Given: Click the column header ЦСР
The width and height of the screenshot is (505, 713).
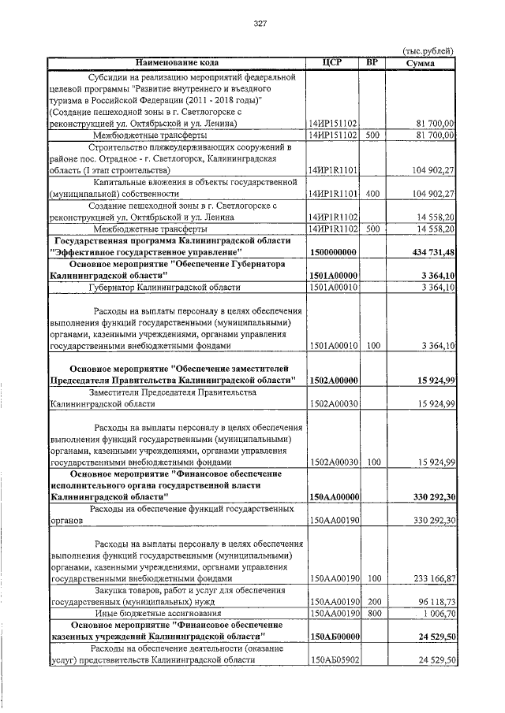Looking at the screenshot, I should coord(333,62).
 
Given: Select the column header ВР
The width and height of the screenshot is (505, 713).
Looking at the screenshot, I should coord(372,62).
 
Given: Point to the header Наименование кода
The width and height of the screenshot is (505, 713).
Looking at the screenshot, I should coord(177,62).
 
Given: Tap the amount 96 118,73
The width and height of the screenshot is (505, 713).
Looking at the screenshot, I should coord(432,601).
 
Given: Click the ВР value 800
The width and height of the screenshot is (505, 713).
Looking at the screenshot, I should coord(374,612).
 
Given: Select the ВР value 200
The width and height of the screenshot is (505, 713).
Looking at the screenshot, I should coord(374,601).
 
